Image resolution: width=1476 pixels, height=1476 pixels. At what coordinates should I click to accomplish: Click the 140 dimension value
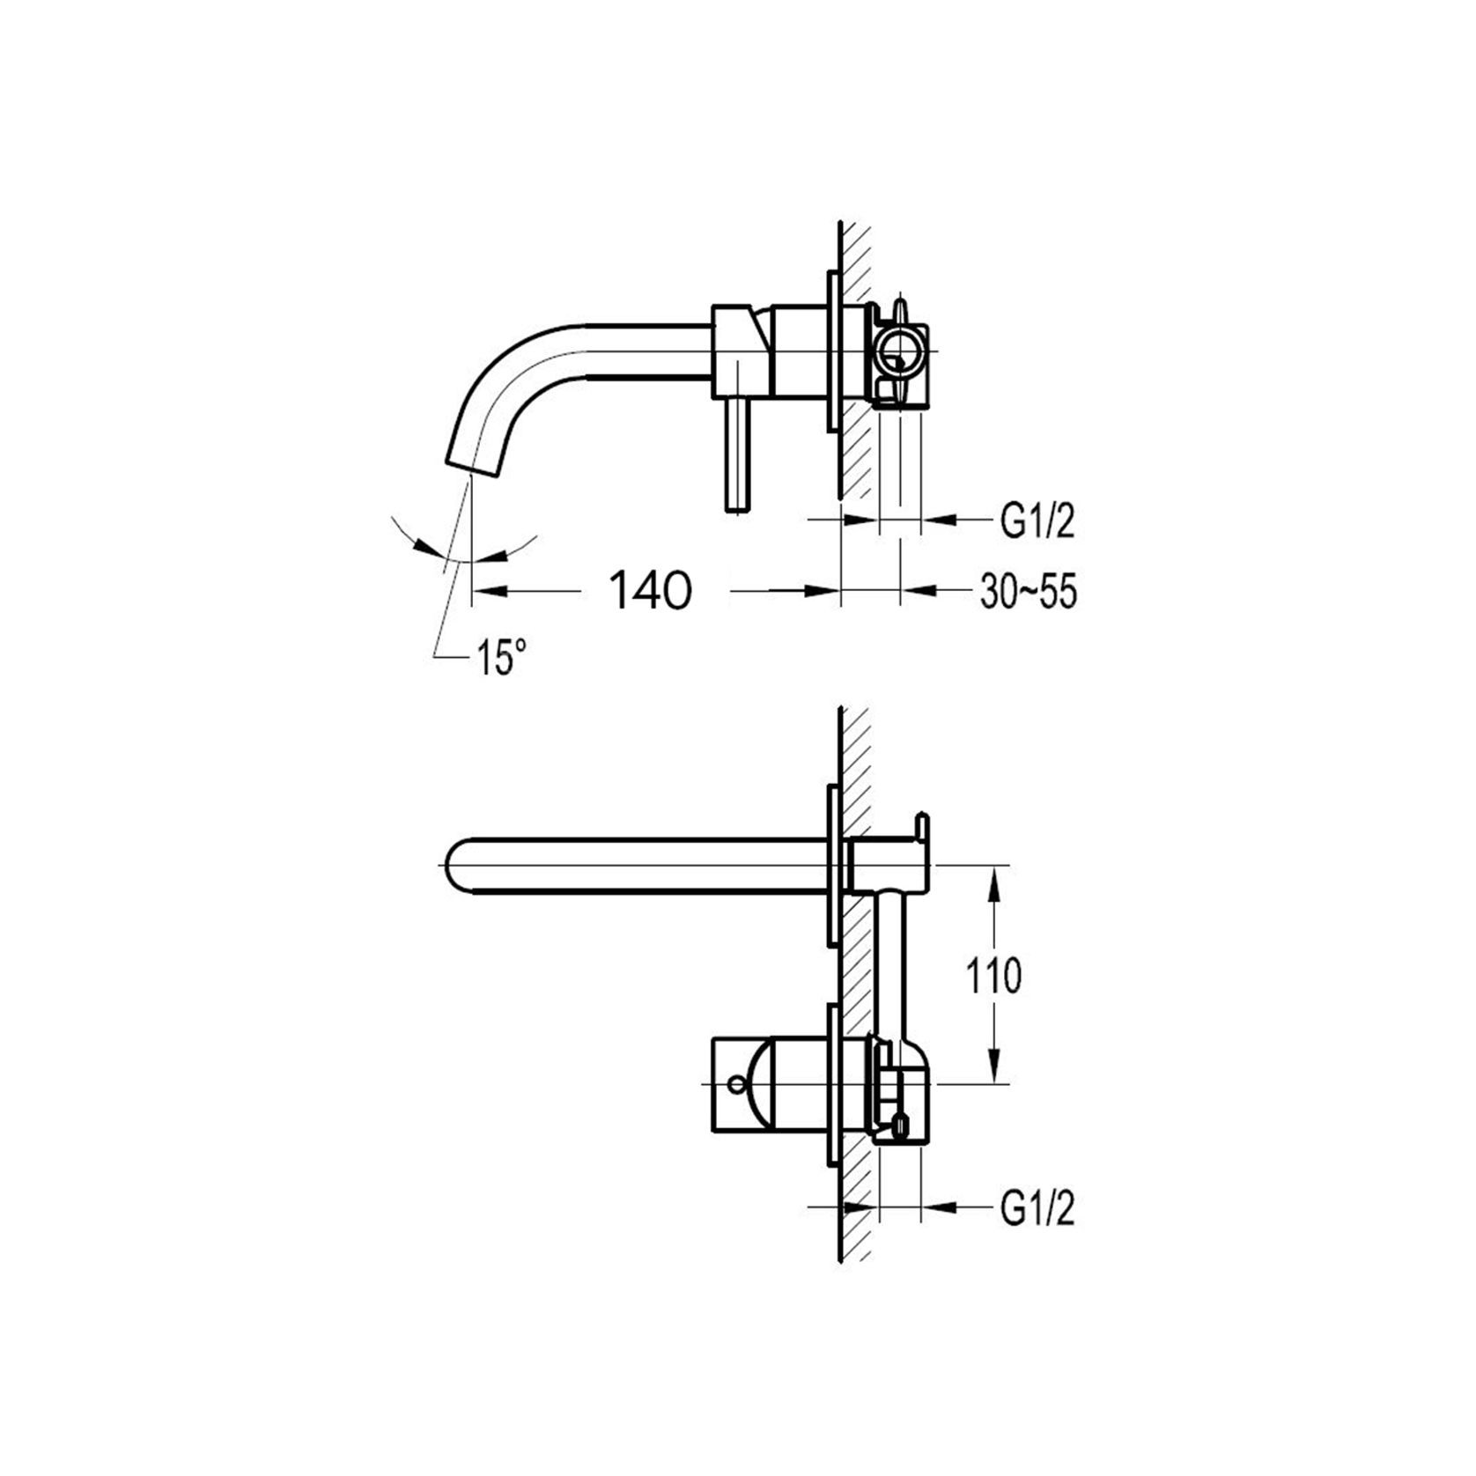[x=651, y=590]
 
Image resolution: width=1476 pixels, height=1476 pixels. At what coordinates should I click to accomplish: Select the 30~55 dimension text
[x=1028, y=593]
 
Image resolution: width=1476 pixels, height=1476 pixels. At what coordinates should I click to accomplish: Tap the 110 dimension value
[x=993, y=976]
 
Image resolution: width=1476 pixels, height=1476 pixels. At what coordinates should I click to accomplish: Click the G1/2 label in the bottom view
[x=1037, y=1210]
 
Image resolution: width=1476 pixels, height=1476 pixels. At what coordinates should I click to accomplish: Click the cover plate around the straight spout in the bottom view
[x=831, y=867]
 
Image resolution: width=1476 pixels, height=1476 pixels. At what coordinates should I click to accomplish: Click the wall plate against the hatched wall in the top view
[x=831, y=351]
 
